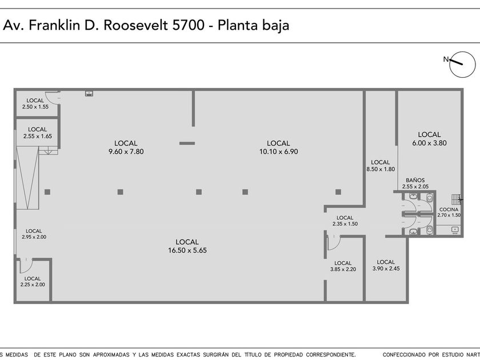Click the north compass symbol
[x=462, y=64]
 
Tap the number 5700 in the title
[x=188, y=25]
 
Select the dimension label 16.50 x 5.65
[x=187, y=250]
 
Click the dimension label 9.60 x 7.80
[x=126, y=151]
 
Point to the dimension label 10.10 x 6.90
[x=279, y=151]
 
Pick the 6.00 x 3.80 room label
[x=429, y=143]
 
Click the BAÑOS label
[x=415, y=180]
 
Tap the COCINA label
[x=449, y=209]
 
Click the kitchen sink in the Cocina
[x=455, y=230]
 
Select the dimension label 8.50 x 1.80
[x=381, y=169]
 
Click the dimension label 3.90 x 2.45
[x=386, y=269]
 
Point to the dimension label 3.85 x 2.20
[x=343, y=269]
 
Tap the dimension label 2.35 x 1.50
[x=345, y=224]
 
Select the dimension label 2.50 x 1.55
[x=35, y=107]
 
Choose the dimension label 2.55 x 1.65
[x=38, y=136]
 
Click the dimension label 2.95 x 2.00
[x=34, y=237]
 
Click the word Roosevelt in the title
[x=136, y=25]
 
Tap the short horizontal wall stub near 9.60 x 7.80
[x=187, y=143]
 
